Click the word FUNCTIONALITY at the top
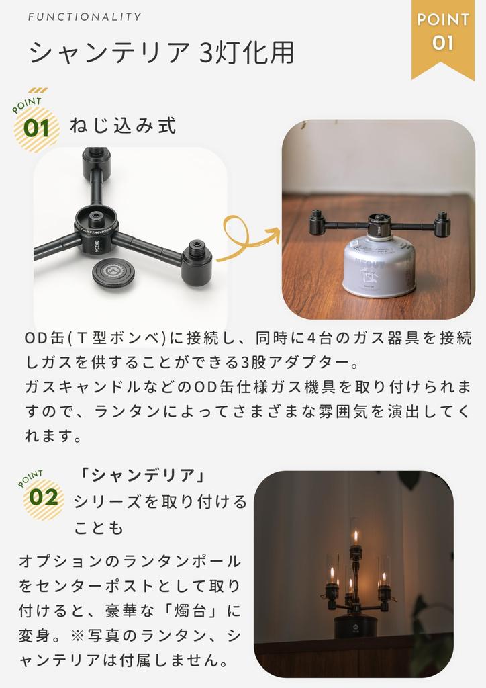pos(85,17)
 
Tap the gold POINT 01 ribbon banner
pos(442,34)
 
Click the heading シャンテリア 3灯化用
pos(161,53)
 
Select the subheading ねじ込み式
pos(123,126)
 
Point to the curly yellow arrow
pos(247,240)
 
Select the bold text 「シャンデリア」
pos(141,475)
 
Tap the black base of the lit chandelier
pos(355,624)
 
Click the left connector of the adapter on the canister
pos(318,223)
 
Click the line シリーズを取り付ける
pos(160,502)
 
